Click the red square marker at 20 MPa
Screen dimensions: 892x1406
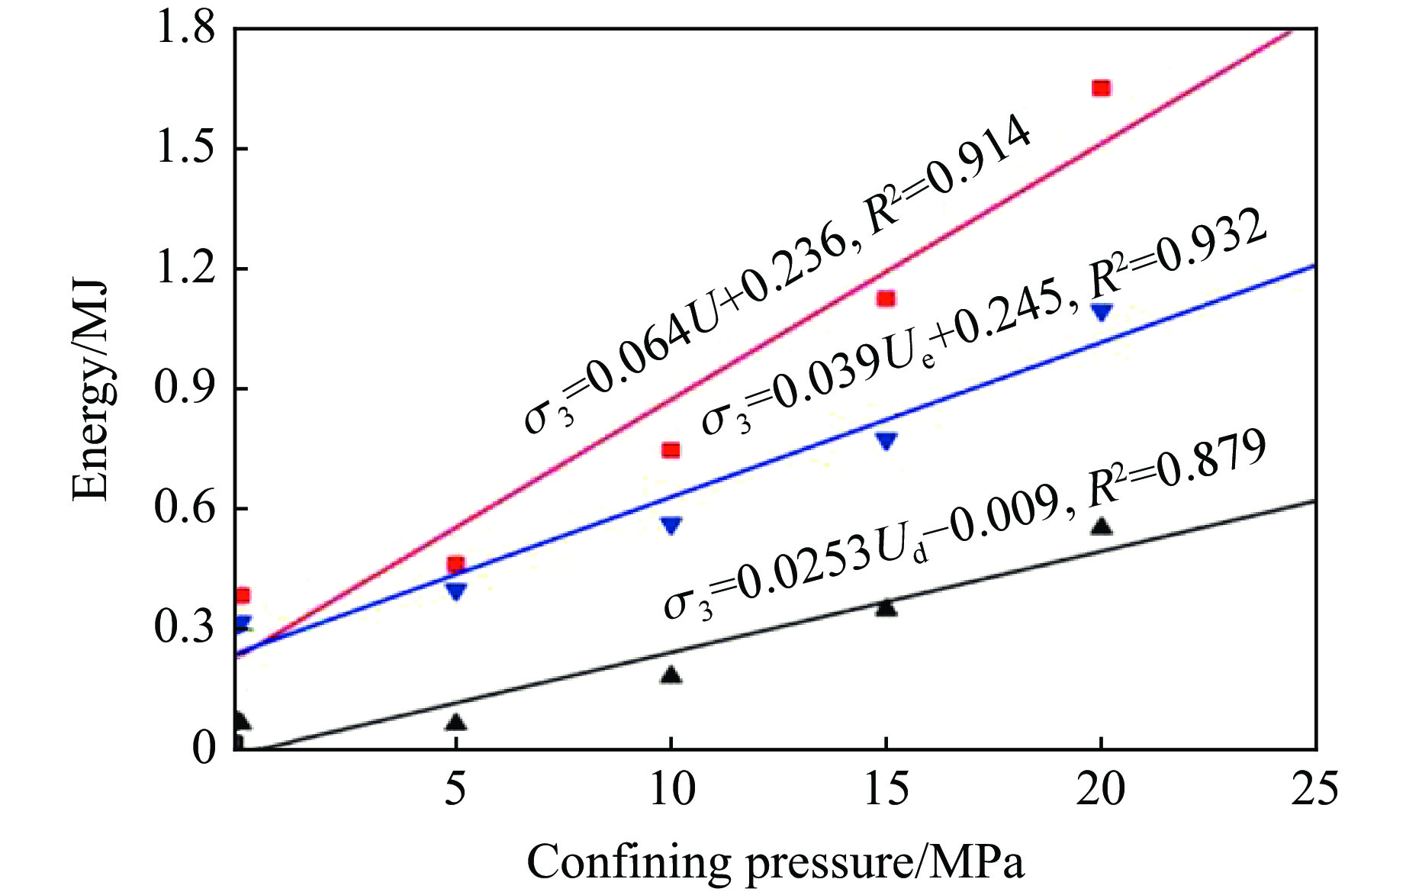click(1100, 89)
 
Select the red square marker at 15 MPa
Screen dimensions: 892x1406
click(886, 298)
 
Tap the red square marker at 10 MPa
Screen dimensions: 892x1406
click(671, 450)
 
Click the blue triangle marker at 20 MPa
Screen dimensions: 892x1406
click(1101, 311)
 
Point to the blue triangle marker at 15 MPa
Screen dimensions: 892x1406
click(886, 440)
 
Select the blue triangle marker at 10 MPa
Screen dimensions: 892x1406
click(671, 525)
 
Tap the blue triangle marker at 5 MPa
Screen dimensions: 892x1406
click(455, 591)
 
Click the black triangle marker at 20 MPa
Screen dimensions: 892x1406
click(1101, 527)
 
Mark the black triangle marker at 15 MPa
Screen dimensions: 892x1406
click(886, 608)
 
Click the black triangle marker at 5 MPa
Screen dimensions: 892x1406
click(455, 722)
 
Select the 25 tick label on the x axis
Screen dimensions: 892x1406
click(1314, 789)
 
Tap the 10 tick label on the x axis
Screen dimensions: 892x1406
click(671, 789)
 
